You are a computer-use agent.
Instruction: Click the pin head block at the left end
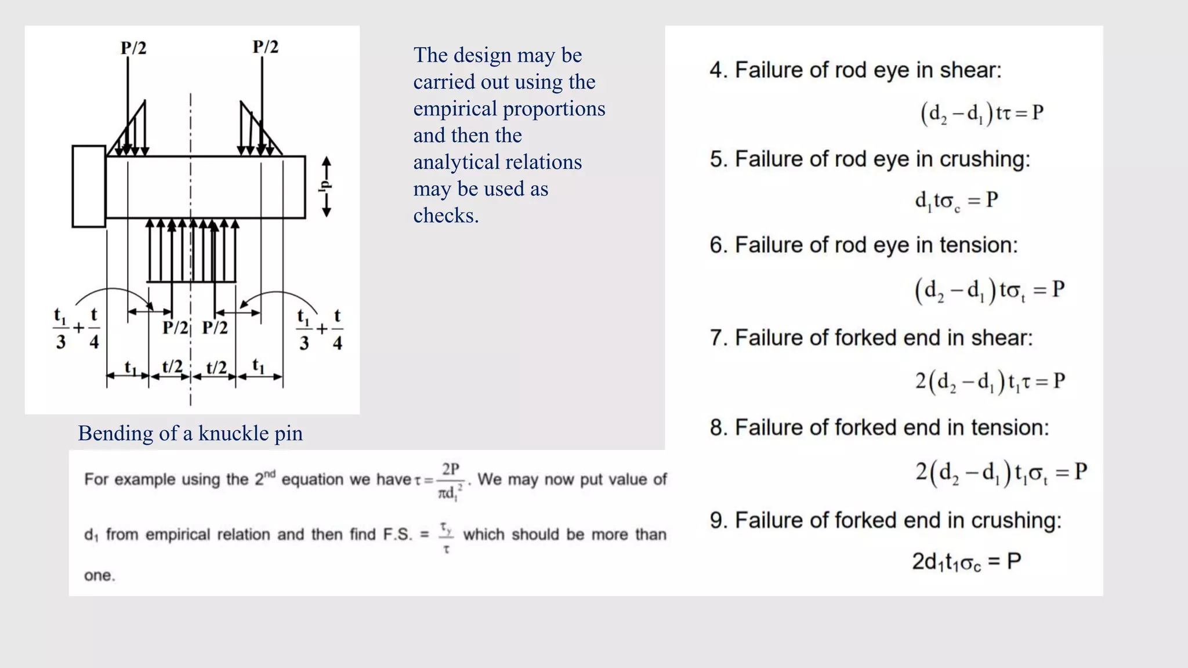pyautogui.click(x=89, y=186)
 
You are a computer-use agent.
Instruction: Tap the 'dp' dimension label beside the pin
pyautogui.click(x=325, y=186)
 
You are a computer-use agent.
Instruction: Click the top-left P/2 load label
pyautogui.click(x=133, y=48)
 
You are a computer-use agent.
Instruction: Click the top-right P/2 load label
pyautogui.click(x=266, y=46)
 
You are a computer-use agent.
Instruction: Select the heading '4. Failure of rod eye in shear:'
pyautogui.click(x=855, y=70)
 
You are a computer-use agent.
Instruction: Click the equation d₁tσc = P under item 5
pyautogui.click(x=956, y=201)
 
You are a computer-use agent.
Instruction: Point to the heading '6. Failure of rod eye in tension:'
pyautogui.click(x=863, y=245)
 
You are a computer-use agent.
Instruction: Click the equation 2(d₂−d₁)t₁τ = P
pyautogui.click(x=990, y=381)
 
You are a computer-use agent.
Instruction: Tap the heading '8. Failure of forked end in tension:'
pyautogui.click(x=879, y=428)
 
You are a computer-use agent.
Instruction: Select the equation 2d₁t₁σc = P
pyautogui.click(x=966, y=561)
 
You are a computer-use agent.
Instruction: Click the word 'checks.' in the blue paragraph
pyautogui.click(x=445, y=216)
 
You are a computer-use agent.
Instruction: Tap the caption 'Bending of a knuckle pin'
pyautogui.click(x=190, y=433)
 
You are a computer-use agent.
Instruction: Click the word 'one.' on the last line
pyautogui.click(x=100, y=576)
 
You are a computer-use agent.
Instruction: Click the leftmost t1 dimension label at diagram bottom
pyautogui.click(x=131, y=367)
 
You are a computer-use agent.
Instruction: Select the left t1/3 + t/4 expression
pyautogui.click(x=77, y=329)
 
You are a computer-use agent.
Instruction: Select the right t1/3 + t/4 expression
pyautogui.click(x=320, y=329)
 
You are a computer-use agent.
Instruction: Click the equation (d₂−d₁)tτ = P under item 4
pyautogui.click(x=981, y=113)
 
